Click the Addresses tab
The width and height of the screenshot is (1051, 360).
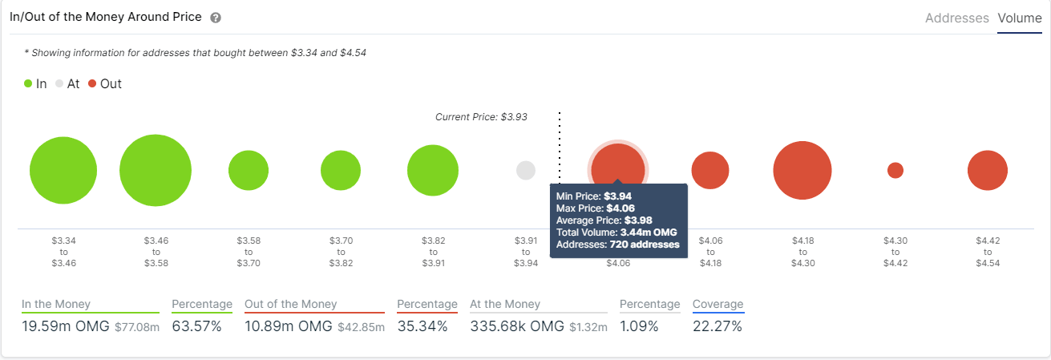tap(956, 18)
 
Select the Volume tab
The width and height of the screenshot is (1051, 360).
tap(1019, 18)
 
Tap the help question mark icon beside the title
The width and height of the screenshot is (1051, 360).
tap(216, 18)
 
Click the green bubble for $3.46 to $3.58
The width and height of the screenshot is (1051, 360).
tap(156, 171)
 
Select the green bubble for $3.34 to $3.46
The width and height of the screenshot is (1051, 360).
tap(63, 171)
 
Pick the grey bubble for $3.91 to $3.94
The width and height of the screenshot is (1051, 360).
tap(526, 170)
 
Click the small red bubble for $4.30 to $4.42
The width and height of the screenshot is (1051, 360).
tap(895, 170)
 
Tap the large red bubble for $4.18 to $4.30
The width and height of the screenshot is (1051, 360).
tap(802, 170)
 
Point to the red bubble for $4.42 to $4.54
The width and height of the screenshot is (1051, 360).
tap(988, 171)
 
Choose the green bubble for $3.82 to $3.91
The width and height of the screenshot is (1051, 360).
tap(433, 171)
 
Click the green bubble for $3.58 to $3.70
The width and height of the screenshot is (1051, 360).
tap(249, 171)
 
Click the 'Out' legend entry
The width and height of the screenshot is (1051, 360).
tap(105, 83)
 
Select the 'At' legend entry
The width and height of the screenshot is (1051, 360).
tap(67, 83)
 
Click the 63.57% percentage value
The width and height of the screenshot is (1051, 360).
tap(196, 326)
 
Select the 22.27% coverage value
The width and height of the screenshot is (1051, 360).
tap(718, 326)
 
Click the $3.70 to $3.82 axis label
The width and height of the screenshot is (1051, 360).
tap(341, 251)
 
